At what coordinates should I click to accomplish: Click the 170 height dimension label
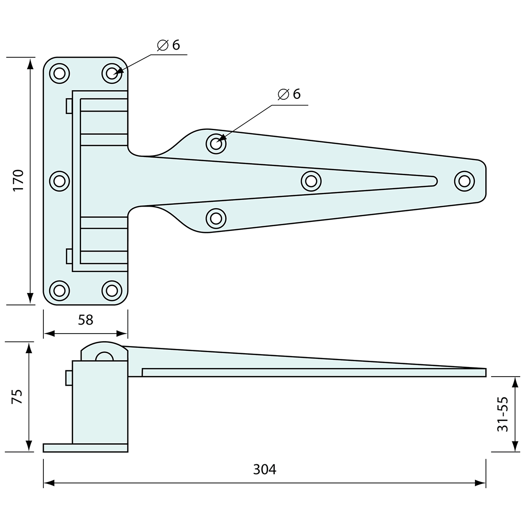coord(18,181)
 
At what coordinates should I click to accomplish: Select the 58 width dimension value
coord(85,320)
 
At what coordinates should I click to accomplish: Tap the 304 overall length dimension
coord(264,470)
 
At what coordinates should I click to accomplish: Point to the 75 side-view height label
coord(17,397)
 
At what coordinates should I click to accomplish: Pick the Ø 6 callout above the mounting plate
coord(168,45)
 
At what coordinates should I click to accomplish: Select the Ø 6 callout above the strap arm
coord(289,94)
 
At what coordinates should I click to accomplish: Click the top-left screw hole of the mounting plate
coord(59,73)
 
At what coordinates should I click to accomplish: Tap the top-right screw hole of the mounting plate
coord(112,73)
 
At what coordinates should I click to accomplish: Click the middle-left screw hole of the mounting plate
coord(59,180)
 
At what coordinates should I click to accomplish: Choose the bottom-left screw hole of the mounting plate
coord(59,290)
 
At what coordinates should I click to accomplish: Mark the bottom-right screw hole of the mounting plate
coord(112,290)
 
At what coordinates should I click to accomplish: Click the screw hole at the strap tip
coord(464,180)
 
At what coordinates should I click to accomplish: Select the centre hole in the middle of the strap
coord(311,180)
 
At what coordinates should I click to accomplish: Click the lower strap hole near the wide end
coord(216,218)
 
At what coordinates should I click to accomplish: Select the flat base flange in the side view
coord(85,448)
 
